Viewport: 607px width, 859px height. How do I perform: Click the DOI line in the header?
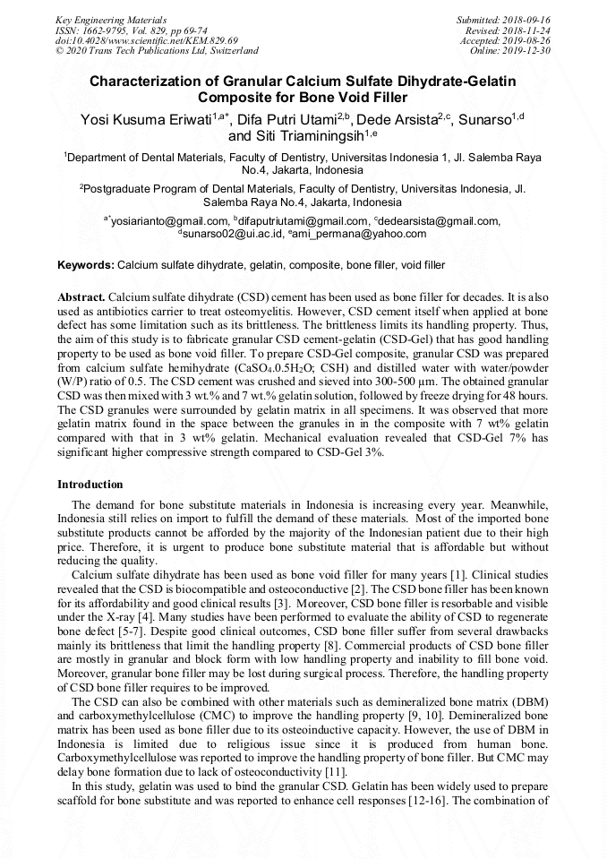tap(146, 40)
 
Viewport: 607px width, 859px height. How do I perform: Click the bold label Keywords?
tap(86, 266)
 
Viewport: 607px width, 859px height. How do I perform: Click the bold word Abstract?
tap(81, 296)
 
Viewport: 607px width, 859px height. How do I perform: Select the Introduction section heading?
tap(90, 485)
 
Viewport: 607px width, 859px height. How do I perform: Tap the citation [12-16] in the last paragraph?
tap(415, 800)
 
